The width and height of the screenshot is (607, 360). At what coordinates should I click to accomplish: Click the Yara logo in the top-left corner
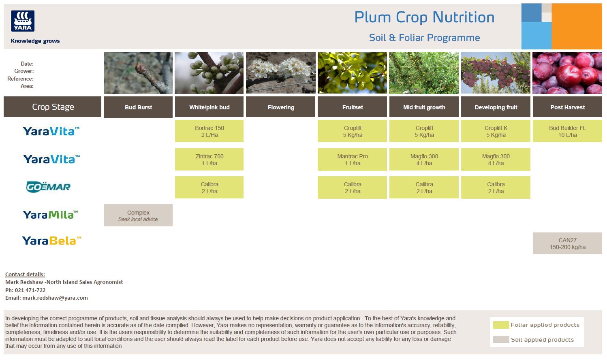23,21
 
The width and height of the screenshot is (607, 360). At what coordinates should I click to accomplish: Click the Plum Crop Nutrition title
424,17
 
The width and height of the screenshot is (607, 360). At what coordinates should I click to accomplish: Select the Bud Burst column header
138,107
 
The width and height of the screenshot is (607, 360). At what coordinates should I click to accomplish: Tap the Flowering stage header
281,107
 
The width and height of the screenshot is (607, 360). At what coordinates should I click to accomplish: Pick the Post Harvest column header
567,107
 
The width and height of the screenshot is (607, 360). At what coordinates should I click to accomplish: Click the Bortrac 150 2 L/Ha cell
209,131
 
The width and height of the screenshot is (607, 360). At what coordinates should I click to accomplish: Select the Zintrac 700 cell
209,160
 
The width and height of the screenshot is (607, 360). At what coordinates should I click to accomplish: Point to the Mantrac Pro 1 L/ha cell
352,160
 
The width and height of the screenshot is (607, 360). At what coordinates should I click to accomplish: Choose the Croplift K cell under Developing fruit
496,131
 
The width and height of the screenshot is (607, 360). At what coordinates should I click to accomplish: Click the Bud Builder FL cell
567,131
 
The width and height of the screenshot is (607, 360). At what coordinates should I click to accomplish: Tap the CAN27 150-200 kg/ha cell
567,243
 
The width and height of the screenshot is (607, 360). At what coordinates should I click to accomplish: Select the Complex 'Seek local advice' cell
138,215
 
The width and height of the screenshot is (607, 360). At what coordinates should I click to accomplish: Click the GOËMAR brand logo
48,187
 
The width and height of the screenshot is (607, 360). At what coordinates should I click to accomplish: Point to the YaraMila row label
50,215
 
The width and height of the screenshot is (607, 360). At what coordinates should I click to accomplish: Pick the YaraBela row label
51,241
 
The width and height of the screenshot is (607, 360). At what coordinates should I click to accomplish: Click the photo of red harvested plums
567,73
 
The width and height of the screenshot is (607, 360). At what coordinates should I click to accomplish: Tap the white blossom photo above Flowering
281,73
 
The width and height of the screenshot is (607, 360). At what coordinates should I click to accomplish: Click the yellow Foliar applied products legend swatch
501,325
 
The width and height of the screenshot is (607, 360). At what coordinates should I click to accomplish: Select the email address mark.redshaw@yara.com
55,298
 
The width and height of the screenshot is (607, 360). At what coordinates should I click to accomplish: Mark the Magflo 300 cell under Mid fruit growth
424,160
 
